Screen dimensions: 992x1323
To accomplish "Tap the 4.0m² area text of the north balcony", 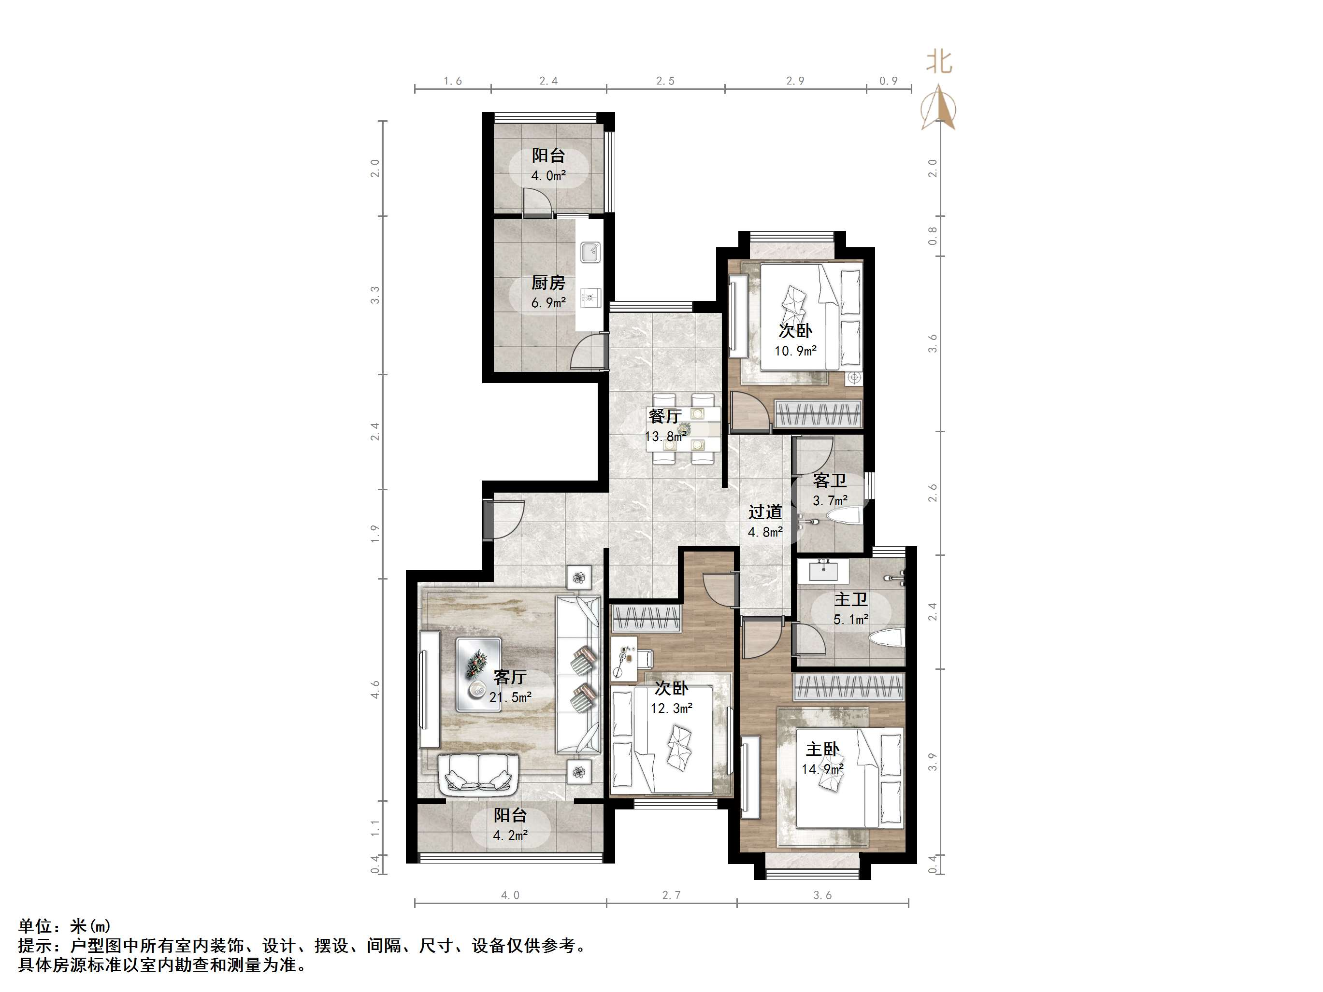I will click(x=548, y=176).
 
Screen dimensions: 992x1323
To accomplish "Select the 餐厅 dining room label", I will click(x=664, y=415).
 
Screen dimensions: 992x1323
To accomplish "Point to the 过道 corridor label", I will click(x=765, y=512).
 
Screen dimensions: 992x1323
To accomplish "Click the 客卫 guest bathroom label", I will click(x=830, y=481).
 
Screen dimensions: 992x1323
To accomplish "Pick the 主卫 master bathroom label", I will click(x=850, y=599).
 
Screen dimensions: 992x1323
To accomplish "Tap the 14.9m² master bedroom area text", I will click(x=822, y=769).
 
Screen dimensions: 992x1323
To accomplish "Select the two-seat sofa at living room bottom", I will click(x=479, y=775).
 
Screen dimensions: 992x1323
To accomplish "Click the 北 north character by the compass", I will click(x=938, y=62).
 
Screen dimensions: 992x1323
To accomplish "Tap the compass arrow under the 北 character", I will click(x=938, y=108).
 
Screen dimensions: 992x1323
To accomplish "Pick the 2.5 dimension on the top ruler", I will click(x=664, y=81).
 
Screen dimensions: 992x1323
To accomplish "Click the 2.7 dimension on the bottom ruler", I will click(x=671, y=895).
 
